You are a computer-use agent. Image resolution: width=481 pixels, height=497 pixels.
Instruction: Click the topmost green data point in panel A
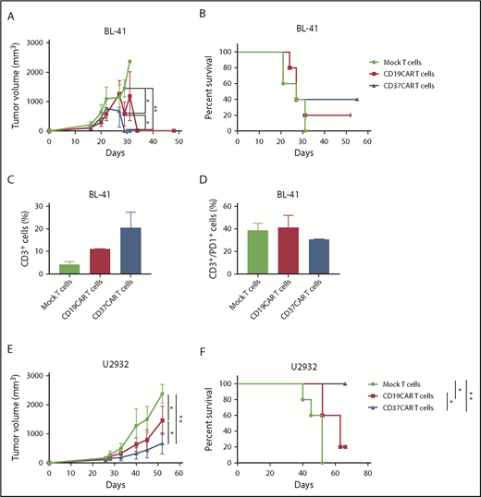coord(129,62)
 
